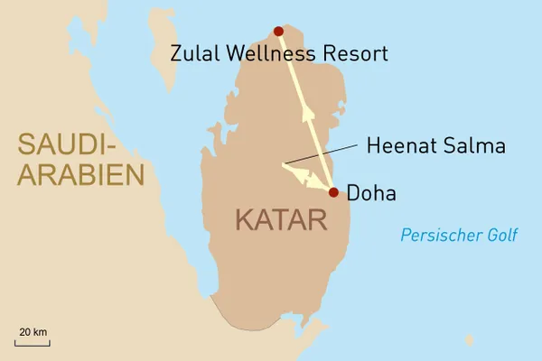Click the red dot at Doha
click(x=333, y=192)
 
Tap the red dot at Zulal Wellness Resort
click(x=278, y=31)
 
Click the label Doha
click(x=371, y=193)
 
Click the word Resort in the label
click(x=355, y=54)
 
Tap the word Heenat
click(x=397, y=144)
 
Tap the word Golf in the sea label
click(x=500, y=236)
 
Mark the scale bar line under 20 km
click(x=32, y=342)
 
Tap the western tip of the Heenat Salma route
click(x=283, y=164)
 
